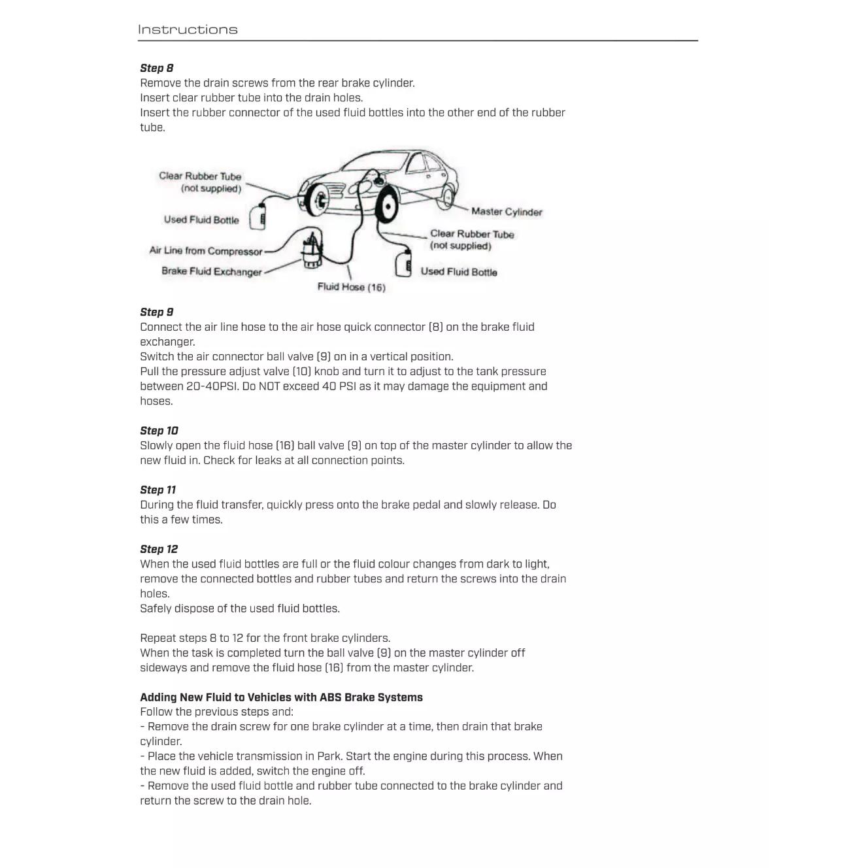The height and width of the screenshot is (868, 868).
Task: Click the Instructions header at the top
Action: [188, 29]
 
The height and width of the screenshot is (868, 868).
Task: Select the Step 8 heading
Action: [157, 68]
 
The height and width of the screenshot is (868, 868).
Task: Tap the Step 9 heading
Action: [157, 312]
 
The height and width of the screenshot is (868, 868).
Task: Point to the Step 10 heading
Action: [159, 431]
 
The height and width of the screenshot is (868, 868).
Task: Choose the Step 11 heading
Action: [158, 490]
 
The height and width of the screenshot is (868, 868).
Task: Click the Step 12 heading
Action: [159, 549]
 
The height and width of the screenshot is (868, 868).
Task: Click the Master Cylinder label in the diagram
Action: [507, 212]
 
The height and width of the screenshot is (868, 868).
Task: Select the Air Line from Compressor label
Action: [206, 250]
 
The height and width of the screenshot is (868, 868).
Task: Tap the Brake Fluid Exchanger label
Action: [212, 271]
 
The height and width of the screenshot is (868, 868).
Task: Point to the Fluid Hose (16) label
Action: [351, 287]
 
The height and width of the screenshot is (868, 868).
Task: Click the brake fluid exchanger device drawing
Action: [311, 252]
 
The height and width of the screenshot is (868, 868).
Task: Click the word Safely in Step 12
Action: [156, 609]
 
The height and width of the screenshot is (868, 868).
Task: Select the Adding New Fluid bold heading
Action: [281, 697]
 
